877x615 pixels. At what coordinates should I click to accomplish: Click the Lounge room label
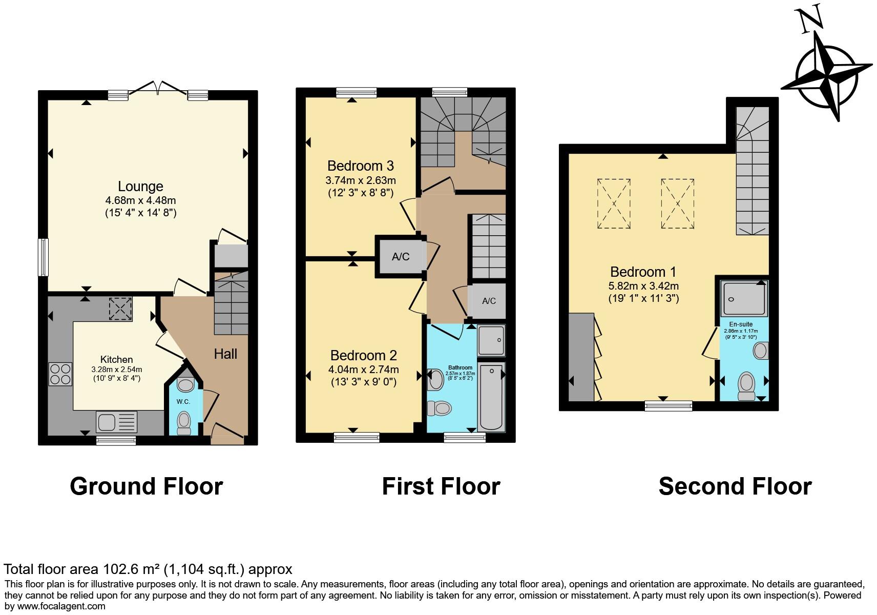pos(140,187)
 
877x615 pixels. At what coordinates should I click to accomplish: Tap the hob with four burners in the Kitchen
pos(60,374)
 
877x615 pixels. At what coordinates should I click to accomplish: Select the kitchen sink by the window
pos(116,423)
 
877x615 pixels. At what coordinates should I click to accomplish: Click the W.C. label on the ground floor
pos(183,401)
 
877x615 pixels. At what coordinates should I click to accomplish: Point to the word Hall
pos(225,354)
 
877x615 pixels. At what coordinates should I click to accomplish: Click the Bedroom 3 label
pos(360,166)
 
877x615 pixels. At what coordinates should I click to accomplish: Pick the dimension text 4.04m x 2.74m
pos(363,370)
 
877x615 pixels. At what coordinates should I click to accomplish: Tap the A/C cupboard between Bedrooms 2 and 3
pos(401,257)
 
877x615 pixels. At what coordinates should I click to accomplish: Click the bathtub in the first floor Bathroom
pos(491,397)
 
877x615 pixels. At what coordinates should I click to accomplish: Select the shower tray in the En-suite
pos(744,298)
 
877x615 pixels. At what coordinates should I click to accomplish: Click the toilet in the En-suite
pos(746,386)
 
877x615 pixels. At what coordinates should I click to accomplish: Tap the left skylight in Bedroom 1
pos(614,203)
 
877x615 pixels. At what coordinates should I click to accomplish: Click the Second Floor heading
pos(735,486)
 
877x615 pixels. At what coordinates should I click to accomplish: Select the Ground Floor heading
pos(146,486)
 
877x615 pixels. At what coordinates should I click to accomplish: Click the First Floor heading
pos(441,486)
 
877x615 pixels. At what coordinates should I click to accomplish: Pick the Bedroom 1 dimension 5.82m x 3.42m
pos(643,286)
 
